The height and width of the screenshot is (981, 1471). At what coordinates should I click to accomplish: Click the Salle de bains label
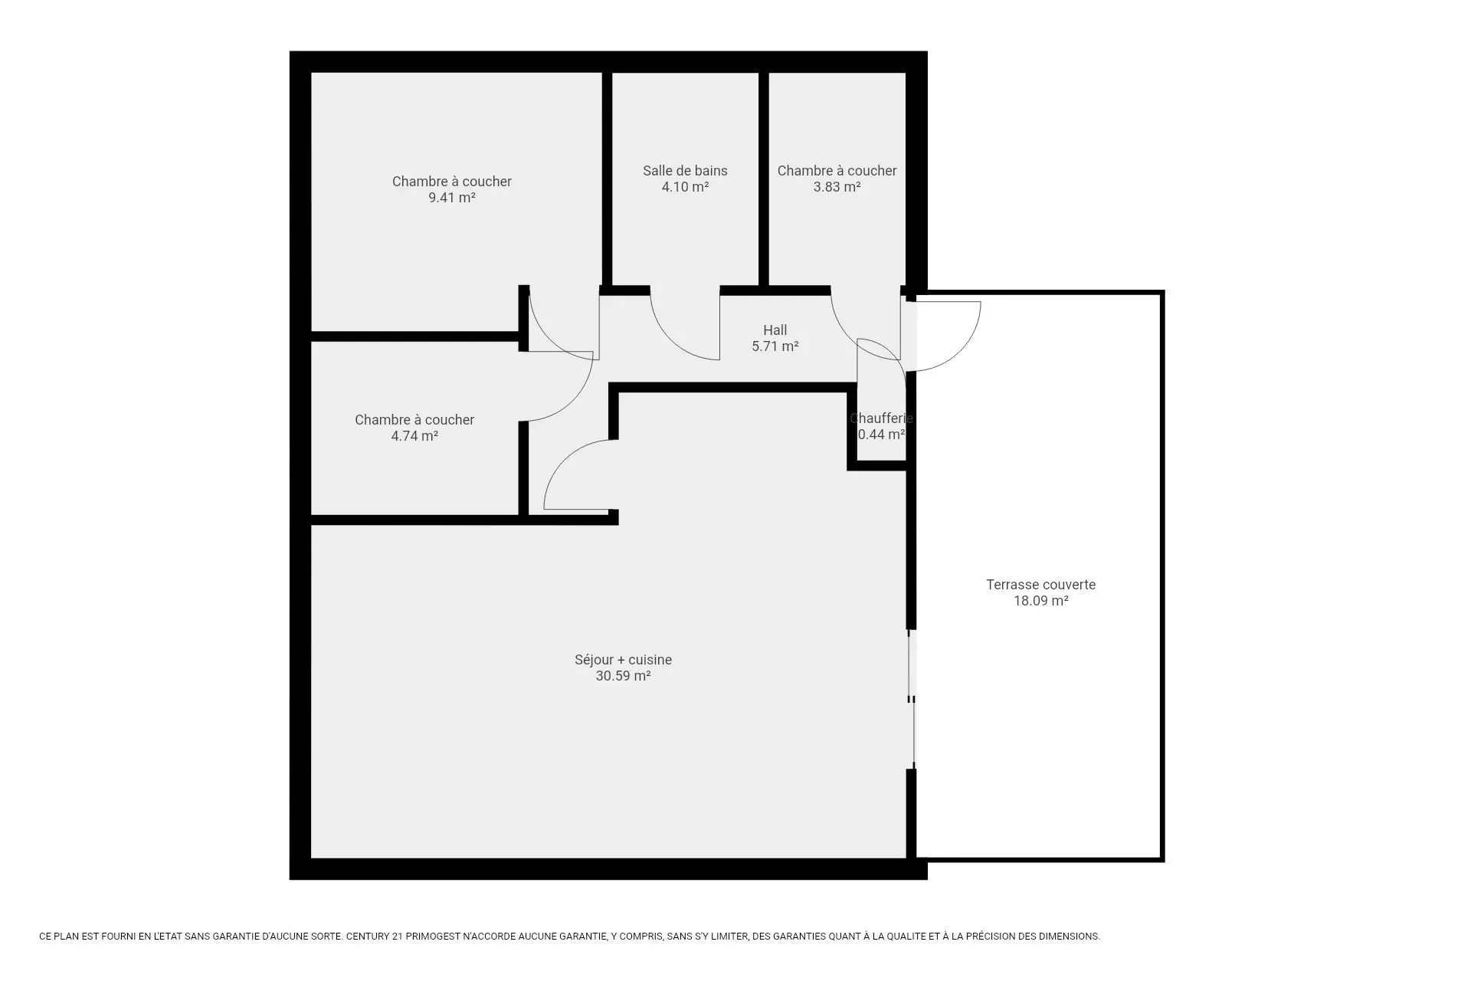[685, 171]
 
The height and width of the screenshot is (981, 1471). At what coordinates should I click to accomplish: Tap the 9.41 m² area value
[452, 198]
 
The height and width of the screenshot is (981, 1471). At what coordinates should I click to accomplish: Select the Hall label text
[775, 330]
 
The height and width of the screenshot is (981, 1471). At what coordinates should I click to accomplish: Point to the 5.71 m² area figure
[775, 346]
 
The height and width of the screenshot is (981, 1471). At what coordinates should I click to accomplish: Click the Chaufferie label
[881, 418]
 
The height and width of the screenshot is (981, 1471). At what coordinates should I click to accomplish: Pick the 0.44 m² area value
[881, 435]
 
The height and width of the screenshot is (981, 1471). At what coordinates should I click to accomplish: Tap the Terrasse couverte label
[1040, 585]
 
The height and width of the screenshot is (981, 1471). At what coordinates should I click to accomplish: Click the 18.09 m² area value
[1041, 601]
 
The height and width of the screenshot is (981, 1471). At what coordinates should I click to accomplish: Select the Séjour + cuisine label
[623, 660]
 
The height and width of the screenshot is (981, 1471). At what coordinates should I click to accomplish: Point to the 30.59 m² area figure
[623, 676]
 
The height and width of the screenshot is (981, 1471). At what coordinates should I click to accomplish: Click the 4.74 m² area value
[414, 436]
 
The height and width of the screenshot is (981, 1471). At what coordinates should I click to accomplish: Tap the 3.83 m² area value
[837, 187]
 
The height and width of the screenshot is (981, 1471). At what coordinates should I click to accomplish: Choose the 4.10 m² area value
[685, 187]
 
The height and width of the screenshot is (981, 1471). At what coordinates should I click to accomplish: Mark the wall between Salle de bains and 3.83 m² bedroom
[764, 179]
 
